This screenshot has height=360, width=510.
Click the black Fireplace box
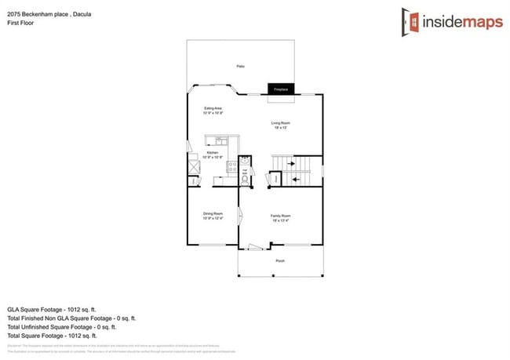click(x=281, y=89)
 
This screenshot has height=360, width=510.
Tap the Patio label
click(x=240, y=67)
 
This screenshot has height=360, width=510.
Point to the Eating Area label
click(x=213, y=110)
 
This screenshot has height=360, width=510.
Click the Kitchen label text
click(x=213, y=155)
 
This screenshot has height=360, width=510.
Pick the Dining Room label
click(x=213, y=216)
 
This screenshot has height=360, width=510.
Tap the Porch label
click(x=280, y=260)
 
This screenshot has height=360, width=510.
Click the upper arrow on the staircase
click(x=296, y=163)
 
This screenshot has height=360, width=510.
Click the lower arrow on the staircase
click(x=296, y=179)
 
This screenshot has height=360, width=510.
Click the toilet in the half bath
click(x=245, y=179)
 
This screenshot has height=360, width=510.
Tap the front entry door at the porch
click(x=253, y=248)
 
